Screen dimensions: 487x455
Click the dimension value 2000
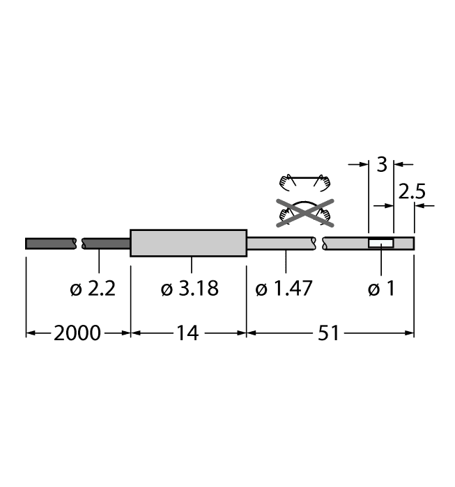tap(77, 333)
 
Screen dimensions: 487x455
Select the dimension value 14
tap(187, 333)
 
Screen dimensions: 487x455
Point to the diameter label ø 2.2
tap(93, 289)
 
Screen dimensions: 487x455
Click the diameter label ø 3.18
tap(189, 289)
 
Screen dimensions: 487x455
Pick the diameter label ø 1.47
tap(284, 289)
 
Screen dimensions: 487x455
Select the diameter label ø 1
tap(380, 289)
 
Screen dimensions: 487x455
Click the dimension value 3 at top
tap(381, 165)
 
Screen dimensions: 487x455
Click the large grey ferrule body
tap(189, 243)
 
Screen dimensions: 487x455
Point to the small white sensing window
tap(380, 243)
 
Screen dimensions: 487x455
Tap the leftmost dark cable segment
tap(51, 243)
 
